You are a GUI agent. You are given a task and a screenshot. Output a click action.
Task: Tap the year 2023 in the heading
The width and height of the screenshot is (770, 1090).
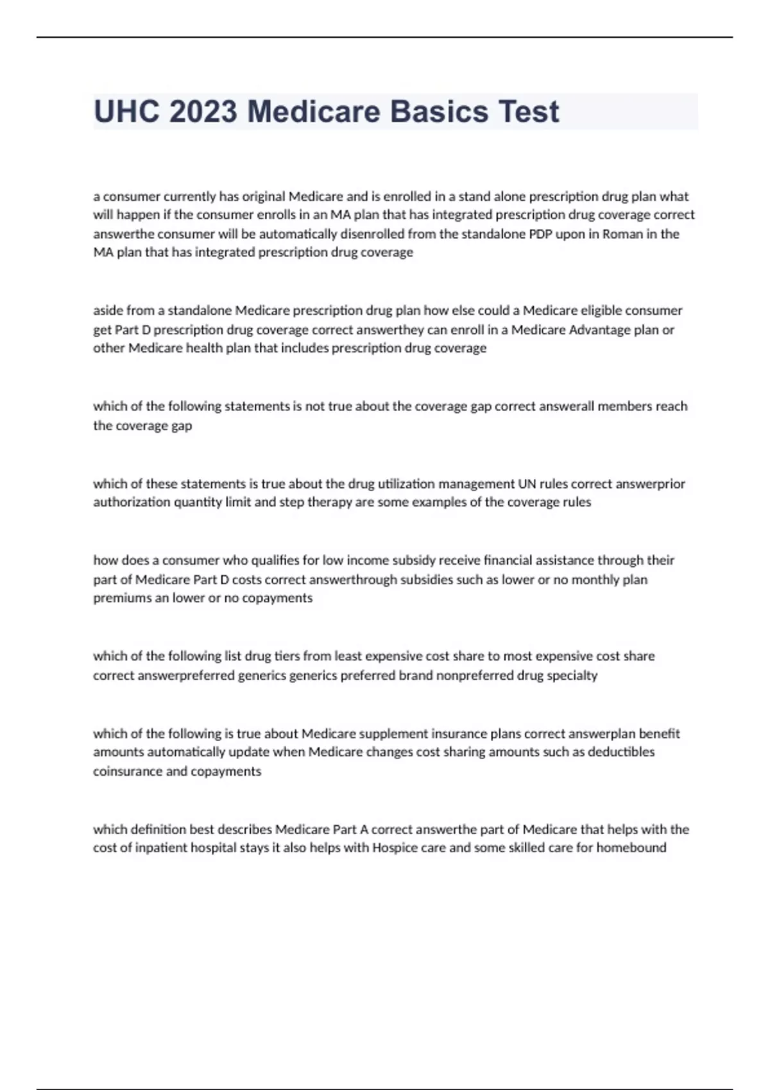point(203,112)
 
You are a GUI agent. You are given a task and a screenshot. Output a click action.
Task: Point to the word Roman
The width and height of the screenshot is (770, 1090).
point(622,234)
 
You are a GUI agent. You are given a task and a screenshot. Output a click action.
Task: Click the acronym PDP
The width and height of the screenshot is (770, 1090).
point(540,234)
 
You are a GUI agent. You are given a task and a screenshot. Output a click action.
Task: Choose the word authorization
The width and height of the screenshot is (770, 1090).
point(132,502)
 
